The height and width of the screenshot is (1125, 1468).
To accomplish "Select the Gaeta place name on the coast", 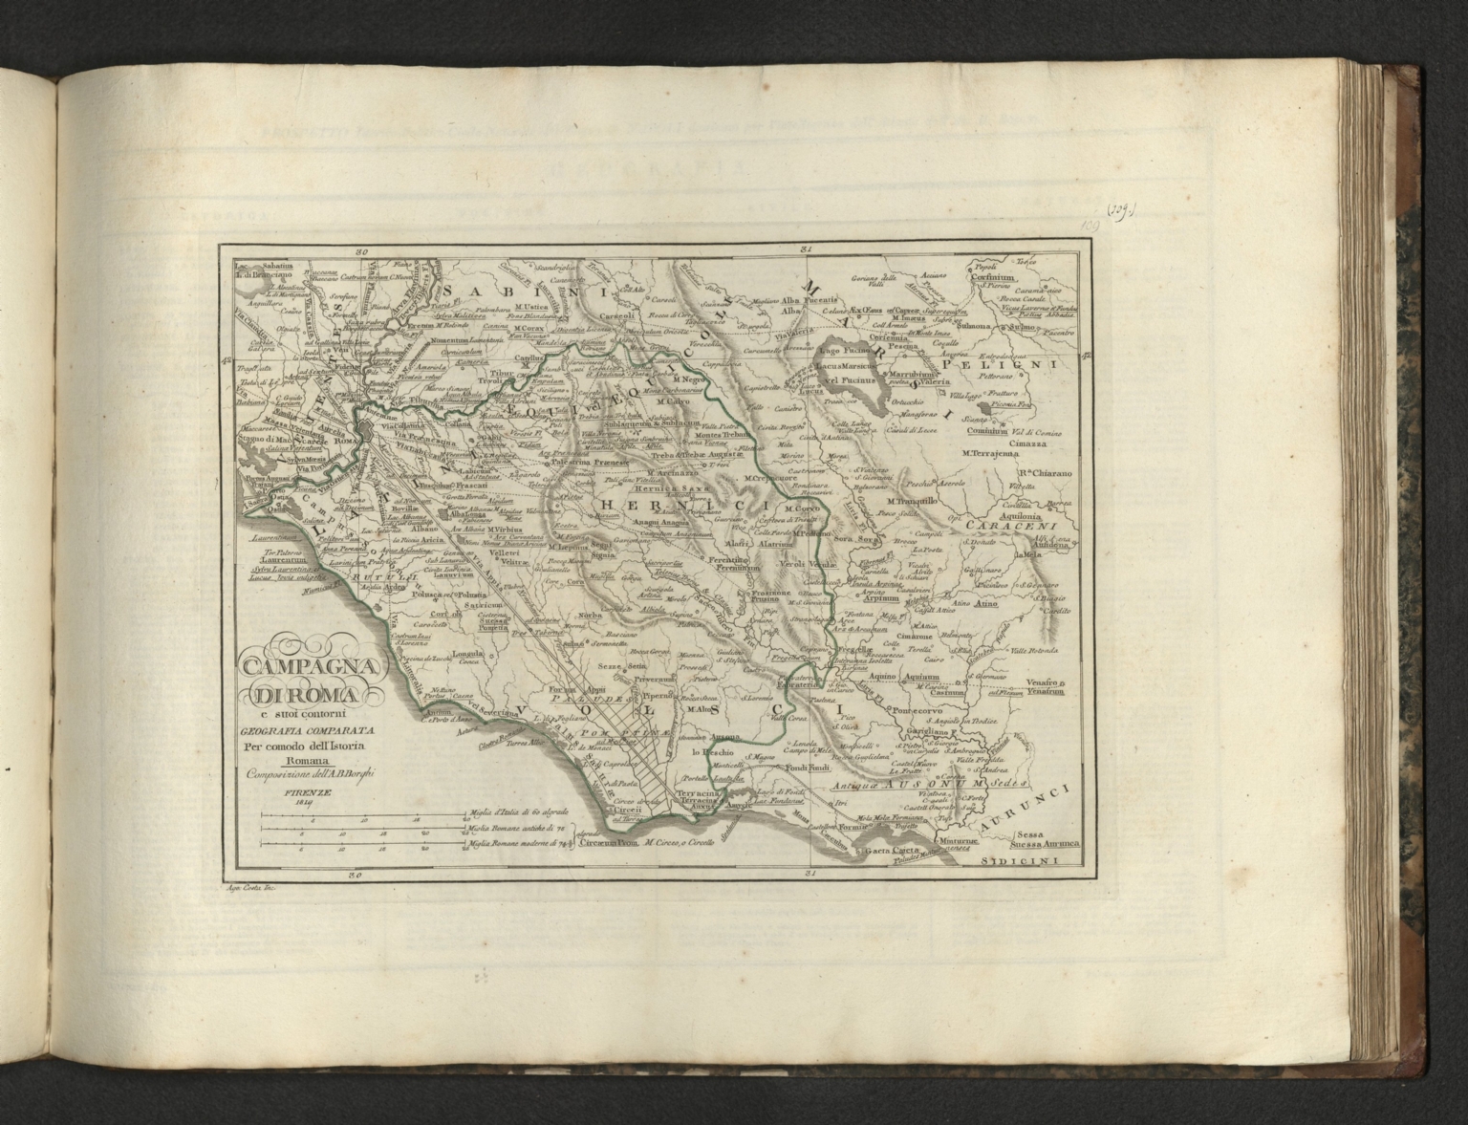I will click(876, 850).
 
